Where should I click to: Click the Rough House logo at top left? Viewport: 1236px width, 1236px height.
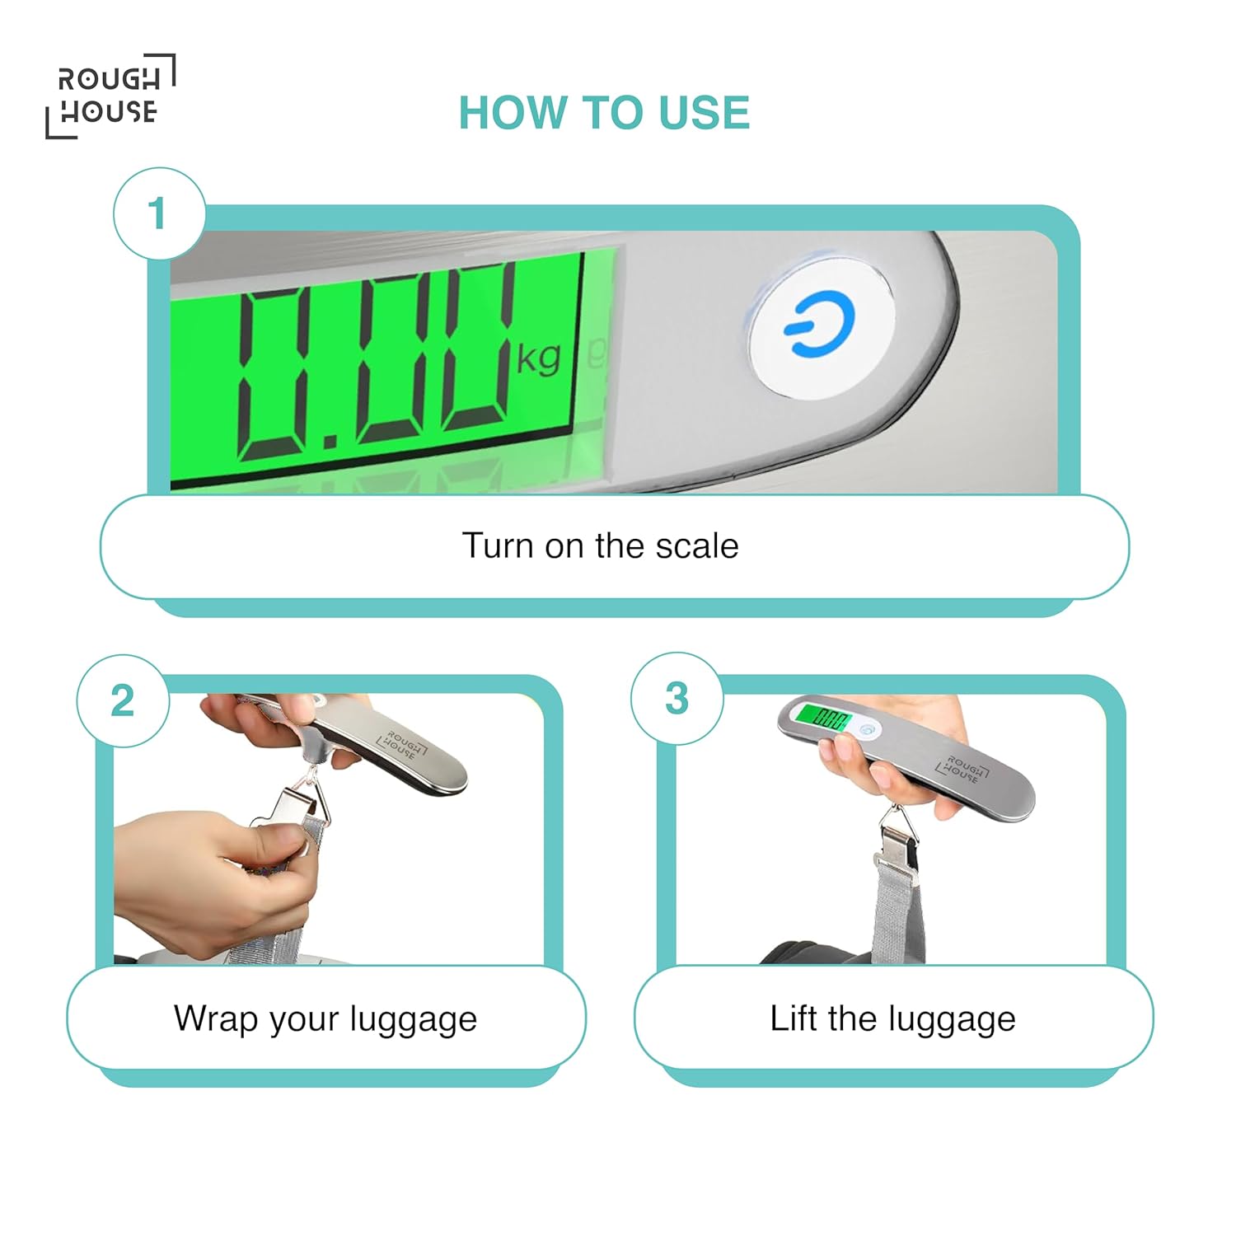click(x=110, y=96)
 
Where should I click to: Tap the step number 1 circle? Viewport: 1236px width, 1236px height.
click(x=158, y=213)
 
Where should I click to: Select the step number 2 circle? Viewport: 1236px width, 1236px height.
click(x=123, y=701)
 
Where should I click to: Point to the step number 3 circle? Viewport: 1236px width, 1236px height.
click(x=677, y=699)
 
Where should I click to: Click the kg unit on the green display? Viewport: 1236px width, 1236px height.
click(x=539, y=358)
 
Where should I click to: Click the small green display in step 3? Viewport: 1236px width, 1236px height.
click(x=822, y=718)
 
